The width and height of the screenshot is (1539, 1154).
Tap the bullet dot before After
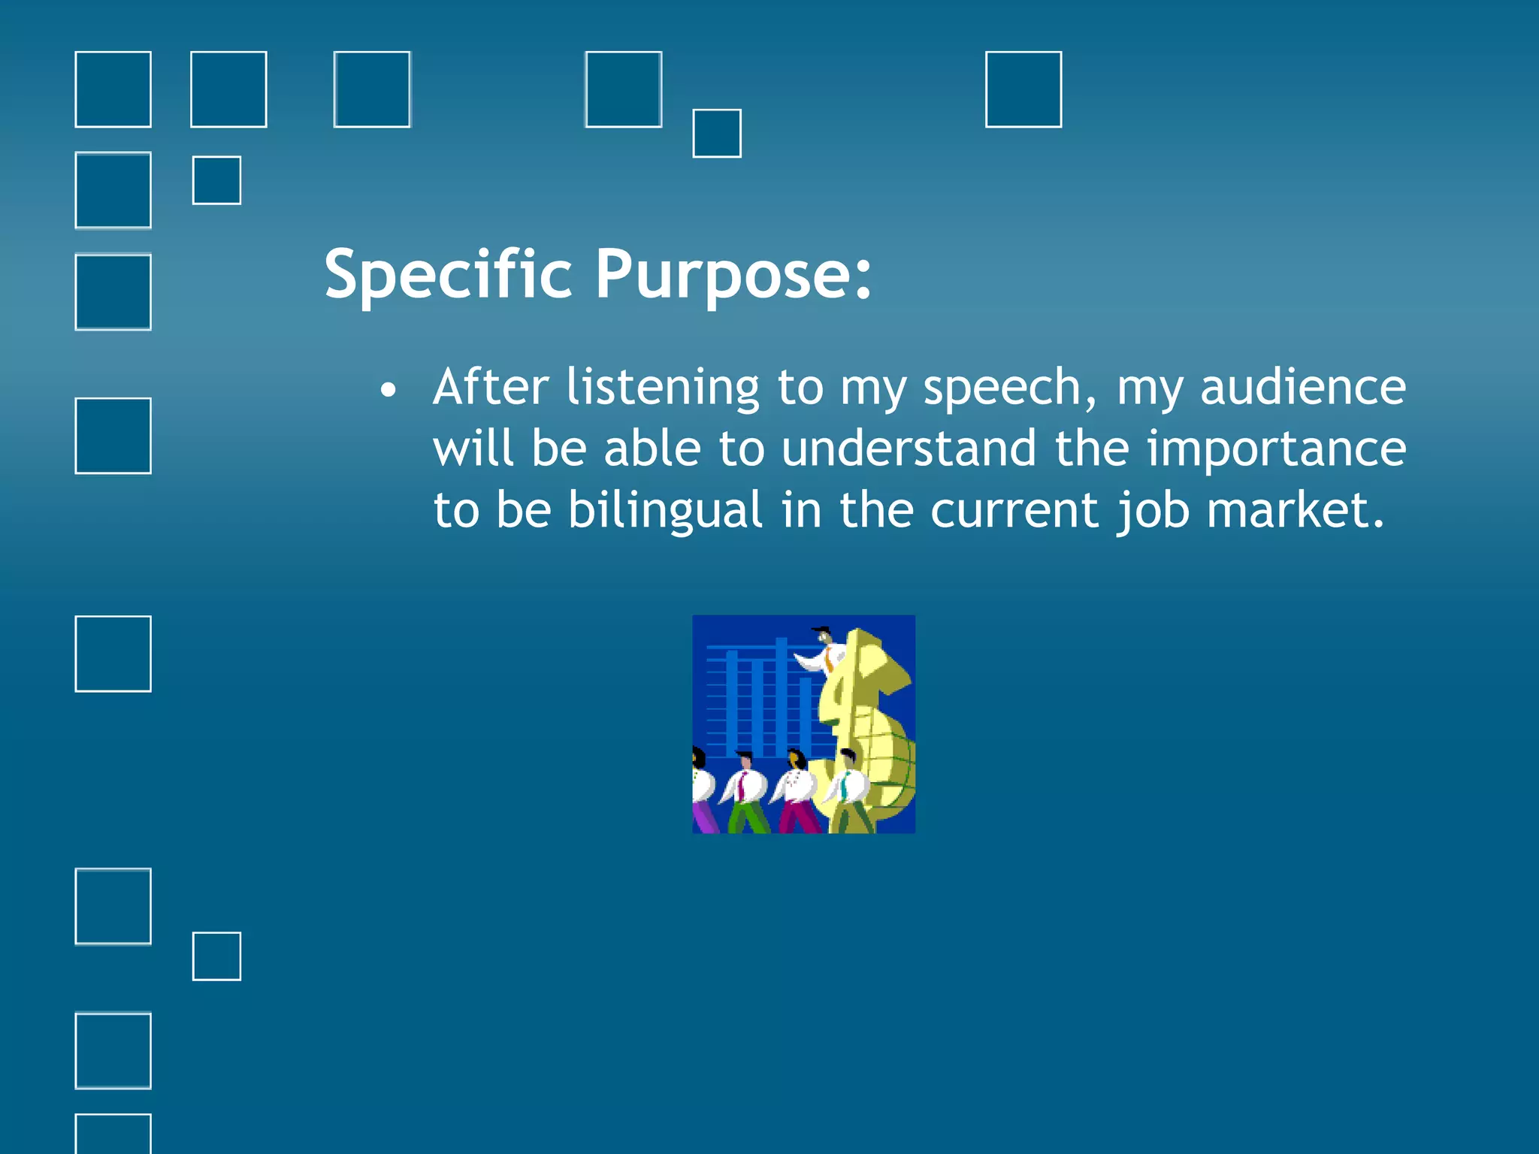pyautogui.click(x=387, y=390)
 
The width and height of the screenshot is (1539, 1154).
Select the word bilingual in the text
pyautogui.click(x=665, y=511)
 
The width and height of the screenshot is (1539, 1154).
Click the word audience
pyautogui.click(x=1302, y=388)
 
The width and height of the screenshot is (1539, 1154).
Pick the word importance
pyautogui.click(x=1276, y=449)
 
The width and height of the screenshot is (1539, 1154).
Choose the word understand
pyautogui.click(x=909, y=449)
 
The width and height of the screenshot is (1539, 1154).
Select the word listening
pyautogui.click(x=662, y=388)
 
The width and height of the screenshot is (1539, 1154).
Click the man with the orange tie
pyautogui.click(x=825, y=652)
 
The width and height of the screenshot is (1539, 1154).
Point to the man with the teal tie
pyautogui.click(x=848, y=793)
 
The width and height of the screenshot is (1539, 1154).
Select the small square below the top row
pyautogui.click(x=716, y=133)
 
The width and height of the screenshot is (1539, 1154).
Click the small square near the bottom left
pyautogui.click(x=216, y=956)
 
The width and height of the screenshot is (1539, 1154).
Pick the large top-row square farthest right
pyautogui.click(x=1023, y=89)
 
